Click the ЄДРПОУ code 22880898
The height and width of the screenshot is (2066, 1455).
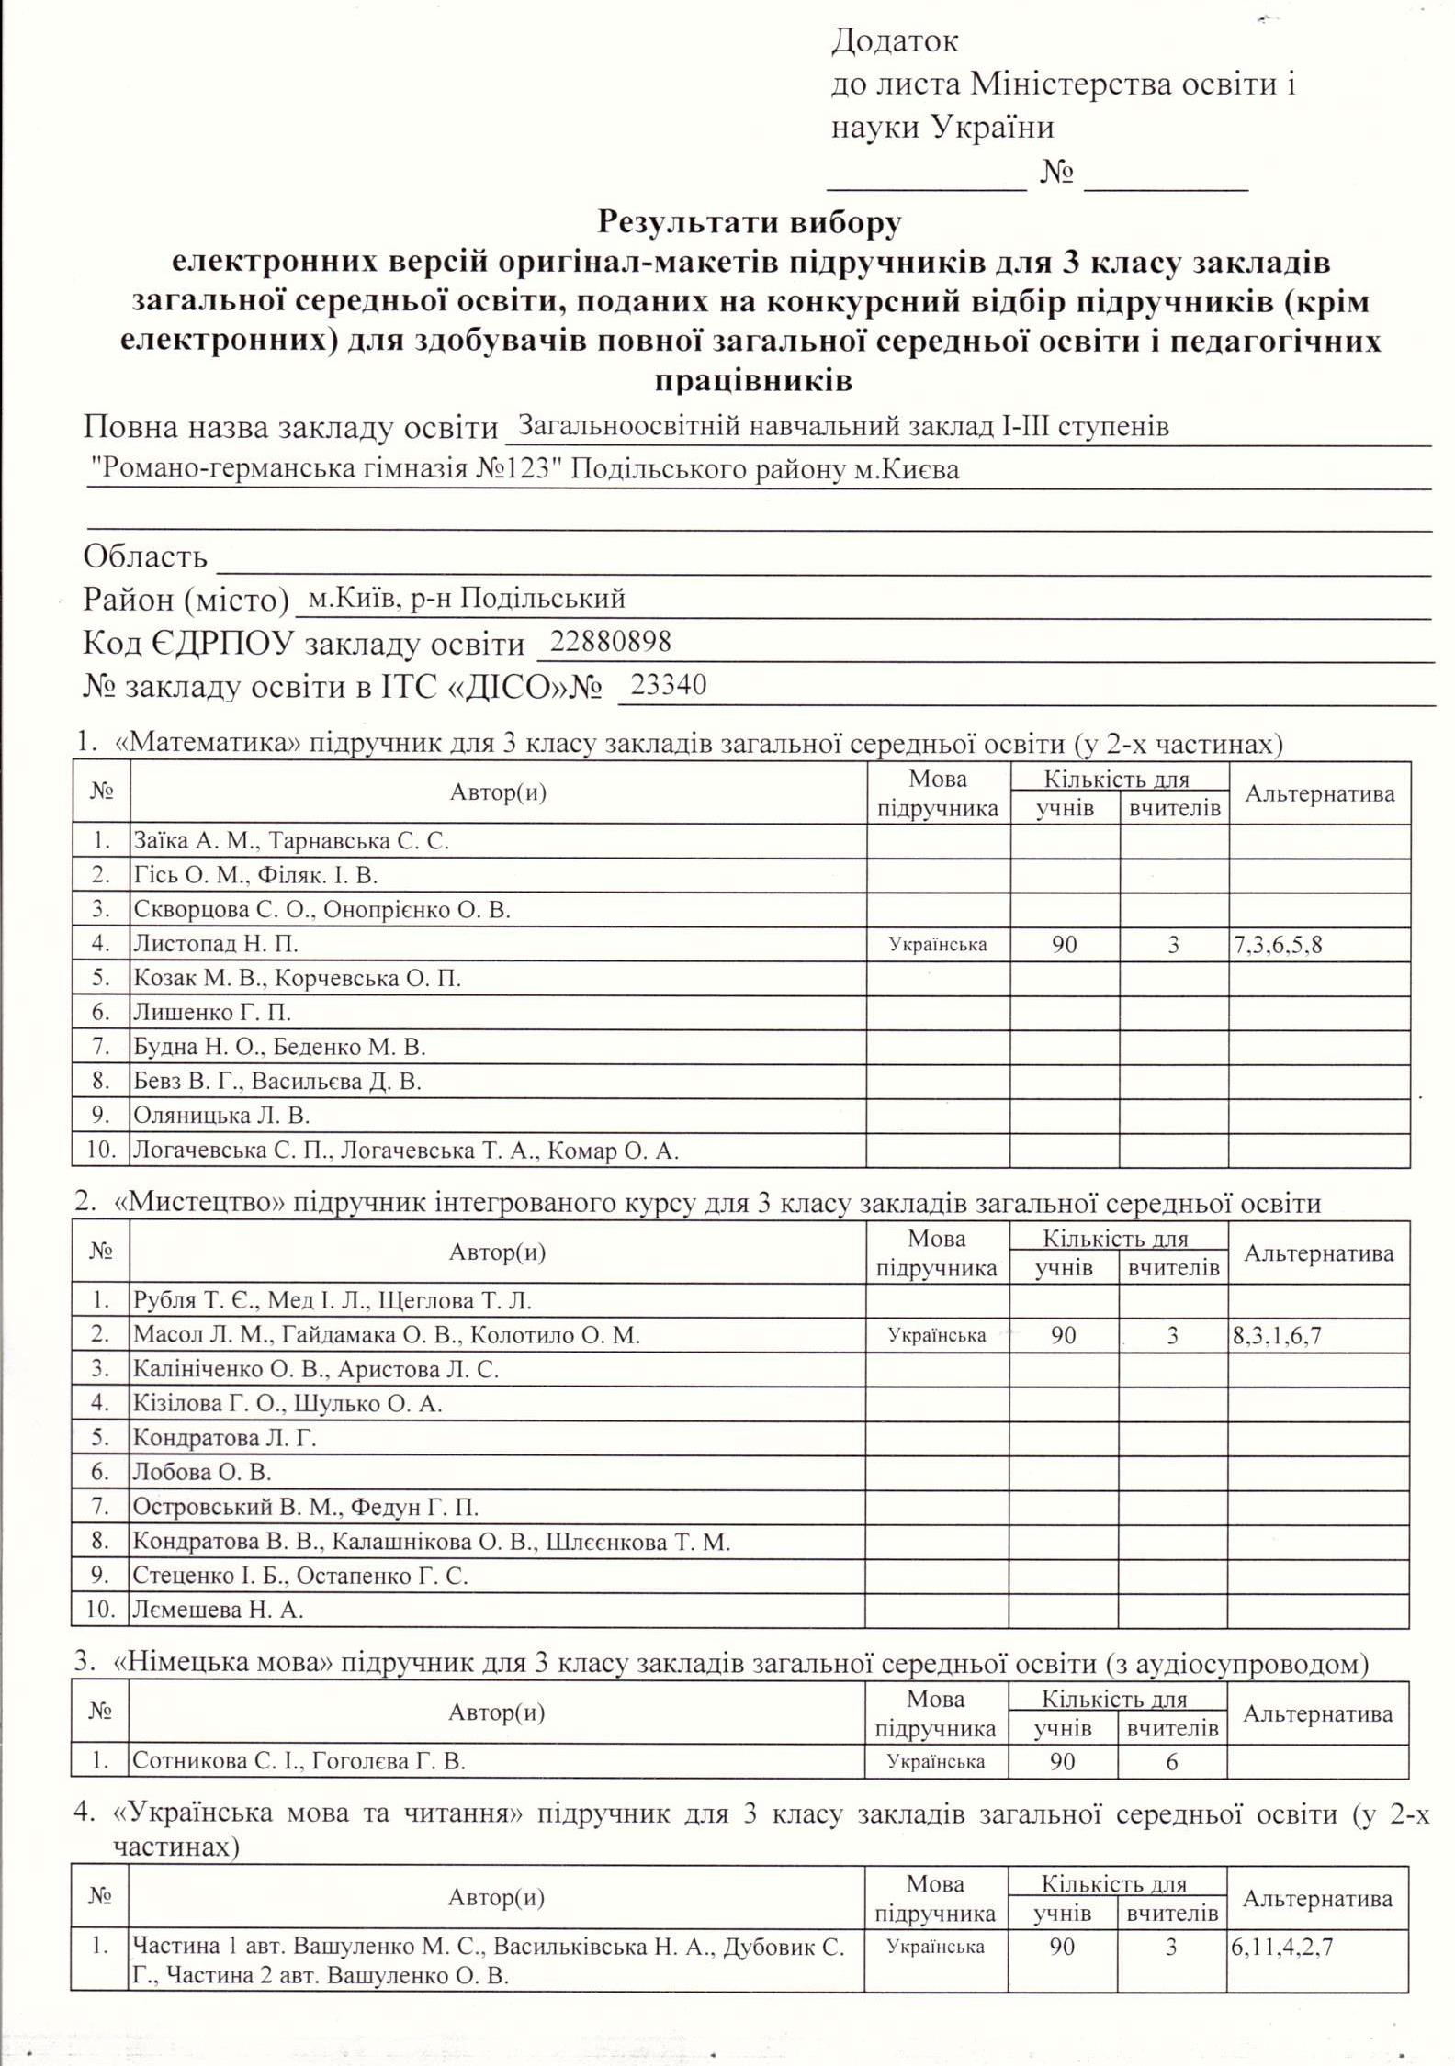604,641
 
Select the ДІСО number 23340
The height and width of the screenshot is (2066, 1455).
669,685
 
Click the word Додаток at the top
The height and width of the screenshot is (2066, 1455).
895,41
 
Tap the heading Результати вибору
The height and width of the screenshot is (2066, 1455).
750,222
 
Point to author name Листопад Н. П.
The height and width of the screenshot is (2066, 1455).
216,944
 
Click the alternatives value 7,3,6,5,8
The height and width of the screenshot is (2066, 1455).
1278,944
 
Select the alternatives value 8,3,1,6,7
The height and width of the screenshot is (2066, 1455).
1277,1335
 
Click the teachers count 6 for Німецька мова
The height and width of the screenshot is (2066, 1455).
1171,1761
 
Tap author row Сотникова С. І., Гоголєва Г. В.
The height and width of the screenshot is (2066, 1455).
299,1761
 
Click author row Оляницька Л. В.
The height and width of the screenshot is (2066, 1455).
221,1116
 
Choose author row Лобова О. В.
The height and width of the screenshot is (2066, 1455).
202,1473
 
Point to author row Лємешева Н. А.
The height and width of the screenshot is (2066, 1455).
218,1610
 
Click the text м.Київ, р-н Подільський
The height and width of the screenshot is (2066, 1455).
467,599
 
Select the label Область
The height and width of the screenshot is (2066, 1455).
145,556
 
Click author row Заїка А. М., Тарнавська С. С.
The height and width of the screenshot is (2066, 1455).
291,841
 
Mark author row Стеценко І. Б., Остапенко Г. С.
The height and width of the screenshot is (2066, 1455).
300,1576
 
